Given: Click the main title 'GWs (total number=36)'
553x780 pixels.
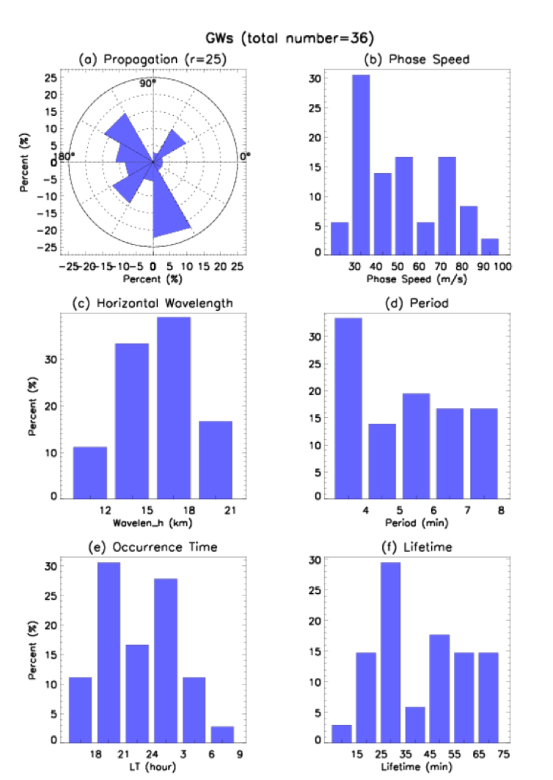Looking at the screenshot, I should [x=290, y=38].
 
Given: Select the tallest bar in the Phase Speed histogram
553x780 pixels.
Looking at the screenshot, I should [x=361, y=165].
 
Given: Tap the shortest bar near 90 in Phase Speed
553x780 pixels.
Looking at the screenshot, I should [x=490, y=246].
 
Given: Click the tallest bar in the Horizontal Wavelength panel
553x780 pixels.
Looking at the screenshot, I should [x=173, y=407].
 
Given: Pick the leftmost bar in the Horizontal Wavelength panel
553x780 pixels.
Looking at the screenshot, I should [x=90, y=472].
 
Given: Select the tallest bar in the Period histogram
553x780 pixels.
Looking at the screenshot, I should [x=348, y=408].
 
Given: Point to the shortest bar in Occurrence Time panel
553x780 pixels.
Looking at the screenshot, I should [x=222, y=734].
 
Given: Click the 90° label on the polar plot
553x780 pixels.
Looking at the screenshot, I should [x=148, y=84].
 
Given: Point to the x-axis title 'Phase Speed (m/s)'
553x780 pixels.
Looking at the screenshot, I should [x=416, y=279].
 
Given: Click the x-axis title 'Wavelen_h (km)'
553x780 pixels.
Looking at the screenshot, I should [x=152, y=523].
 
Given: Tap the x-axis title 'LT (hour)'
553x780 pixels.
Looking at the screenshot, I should [x=152, y=766].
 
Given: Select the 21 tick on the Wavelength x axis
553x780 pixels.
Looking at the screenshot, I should [x=230, y=510].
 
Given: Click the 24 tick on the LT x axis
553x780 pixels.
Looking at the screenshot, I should [x=152, y=754].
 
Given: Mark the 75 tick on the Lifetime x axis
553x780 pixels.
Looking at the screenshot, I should [x=503, y=754].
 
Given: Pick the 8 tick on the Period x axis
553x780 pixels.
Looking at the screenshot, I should [x=501, y=510].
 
